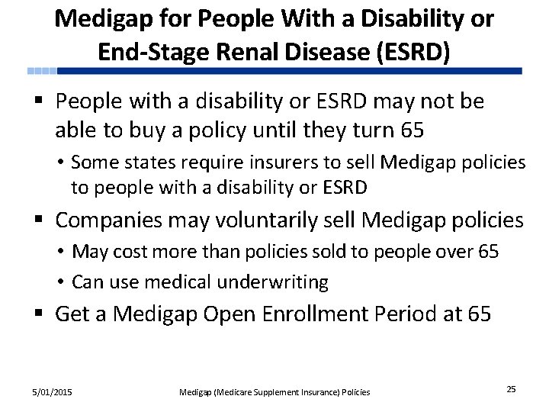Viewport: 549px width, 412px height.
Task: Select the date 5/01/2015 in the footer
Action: point(52,391)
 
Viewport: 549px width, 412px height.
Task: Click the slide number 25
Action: point(511,389)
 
